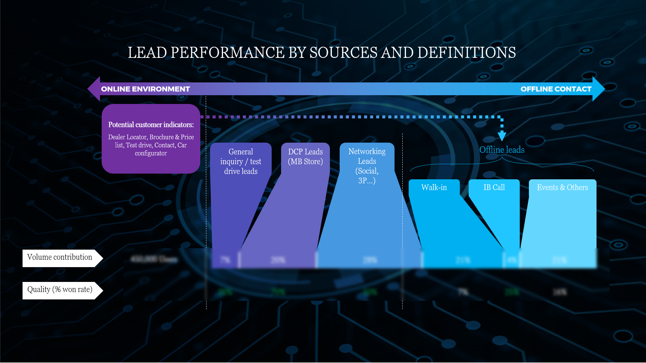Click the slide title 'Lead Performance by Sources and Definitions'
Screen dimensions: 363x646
click(x=321, y=53)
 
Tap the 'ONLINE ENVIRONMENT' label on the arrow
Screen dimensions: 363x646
click(x=145, y=89)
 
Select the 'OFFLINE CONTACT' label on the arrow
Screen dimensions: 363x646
click(x=556, y=89)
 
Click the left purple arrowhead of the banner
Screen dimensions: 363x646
click(x=94, y=89)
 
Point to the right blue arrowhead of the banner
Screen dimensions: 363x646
click(x=598, y=89)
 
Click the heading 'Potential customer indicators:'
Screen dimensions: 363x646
click(x=151, y=125)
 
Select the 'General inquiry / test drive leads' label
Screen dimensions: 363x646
click(x=241, y=161)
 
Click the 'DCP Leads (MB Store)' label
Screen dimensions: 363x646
click(x=305, y=157)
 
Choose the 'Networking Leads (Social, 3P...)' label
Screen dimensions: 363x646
click(x=367, y=166)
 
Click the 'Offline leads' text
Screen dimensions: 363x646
click(x=502, y=150)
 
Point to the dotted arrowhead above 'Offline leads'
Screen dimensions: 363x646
click(x=502, y=136)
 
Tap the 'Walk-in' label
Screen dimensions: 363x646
click(x=434, y=187)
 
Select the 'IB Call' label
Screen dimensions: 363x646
click(x=494, y=187)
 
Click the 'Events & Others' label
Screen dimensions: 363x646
click(x=562, y=187)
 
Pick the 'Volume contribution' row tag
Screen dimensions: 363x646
click(x=60, y=257)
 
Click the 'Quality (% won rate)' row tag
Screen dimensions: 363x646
click(x=60, y=290)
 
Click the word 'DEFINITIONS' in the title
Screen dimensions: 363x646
click(x=466, y=53)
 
